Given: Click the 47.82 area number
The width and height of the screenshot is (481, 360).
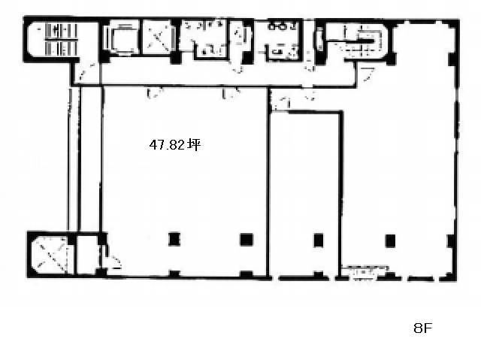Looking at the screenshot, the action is tap(167, 144).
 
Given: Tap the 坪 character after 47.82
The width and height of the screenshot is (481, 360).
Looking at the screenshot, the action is tap(194, 144).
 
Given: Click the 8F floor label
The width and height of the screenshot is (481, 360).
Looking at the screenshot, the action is tap(422, 328).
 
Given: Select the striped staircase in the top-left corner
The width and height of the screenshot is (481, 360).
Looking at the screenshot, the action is tap(61, 40).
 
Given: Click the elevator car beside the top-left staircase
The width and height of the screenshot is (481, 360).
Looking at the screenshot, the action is tap(122, 38).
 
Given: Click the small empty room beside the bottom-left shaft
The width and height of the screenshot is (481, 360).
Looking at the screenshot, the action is tap(87, 255).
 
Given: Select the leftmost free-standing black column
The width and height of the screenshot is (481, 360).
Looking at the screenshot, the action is tap(174, 239).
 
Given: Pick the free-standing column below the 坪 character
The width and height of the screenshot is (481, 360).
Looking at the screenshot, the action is tap(247, 240).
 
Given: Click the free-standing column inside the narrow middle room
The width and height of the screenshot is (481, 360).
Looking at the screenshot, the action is tap(319, 240).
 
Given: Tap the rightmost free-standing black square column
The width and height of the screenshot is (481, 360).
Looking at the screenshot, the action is tap(390, 241).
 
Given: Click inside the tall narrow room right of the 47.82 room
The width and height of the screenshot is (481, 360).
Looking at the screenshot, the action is tap(305, 193).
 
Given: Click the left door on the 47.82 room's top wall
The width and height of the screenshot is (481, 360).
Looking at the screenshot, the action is tap(154, 93).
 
